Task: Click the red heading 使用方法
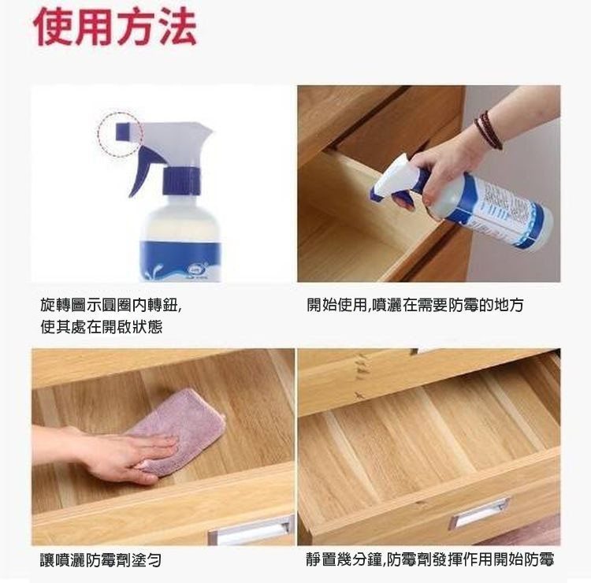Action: click(x=115, y=27)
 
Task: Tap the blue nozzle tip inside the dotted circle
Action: click(x=122, y=131)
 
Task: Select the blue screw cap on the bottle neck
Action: click(x=181, y=181)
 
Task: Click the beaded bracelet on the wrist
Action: click(x=488, y=131)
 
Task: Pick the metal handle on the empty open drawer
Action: click(x=478, y=512)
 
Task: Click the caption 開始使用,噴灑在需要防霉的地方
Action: click(x=415, y=305)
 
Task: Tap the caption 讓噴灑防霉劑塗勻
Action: click(x=101, y=560)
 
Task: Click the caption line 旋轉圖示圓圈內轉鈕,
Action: click(x=111, y=305)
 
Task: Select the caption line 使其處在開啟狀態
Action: click(x=102, y=327)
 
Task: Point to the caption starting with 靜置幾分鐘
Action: click(x=430, y=559)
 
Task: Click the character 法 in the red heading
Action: click(x=177, y=27)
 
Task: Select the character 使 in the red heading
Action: click(x=53, y=27)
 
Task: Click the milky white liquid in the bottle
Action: click(x=180, y=221)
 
